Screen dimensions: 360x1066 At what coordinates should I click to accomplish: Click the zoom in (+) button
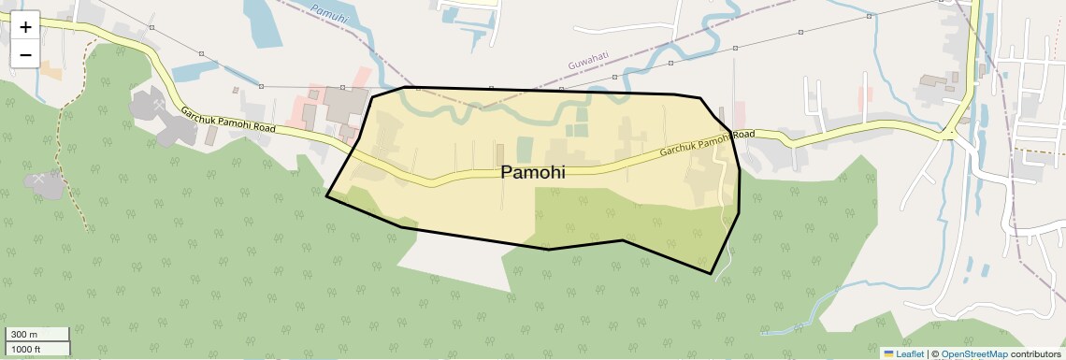[x=25, y=27]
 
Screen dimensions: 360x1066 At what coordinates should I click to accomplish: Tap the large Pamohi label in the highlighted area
[x=533, y=173]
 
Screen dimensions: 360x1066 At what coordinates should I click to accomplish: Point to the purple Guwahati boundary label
[x=588, y=61]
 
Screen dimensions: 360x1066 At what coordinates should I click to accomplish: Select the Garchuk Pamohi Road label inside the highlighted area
[x=707, y=144]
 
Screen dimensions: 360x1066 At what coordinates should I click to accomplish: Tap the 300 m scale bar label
[x=24, y=334]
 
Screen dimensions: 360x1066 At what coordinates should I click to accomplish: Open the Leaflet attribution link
[x=910, y=353]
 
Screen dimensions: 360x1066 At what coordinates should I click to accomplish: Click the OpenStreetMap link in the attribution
[x=973, y=353]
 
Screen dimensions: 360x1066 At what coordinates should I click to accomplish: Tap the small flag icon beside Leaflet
[x=888, y=353]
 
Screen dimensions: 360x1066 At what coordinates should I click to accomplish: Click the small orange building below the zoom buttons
[x=50, y=71]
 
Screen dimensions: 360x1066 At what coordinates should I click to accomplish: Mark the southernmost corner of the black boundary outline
[x=712, y=274]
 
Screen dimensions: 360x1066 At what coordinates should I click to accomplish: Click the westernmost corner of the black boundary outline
[x=326, y=196]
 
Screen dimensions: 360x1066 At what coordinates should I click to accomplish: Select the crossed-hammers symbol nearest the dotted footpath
[x=37, y=178]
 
